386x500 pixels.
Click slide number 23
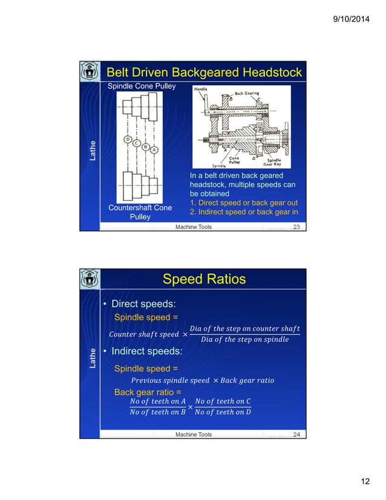coord(296,227)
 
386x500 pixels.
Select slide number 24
coord(296,434)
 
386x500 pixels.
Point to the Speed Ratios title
coord(204,279)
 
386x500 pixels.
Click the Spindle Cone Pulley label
coord(142,87)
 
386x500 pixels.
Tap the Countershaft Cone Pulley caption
coord(140,212)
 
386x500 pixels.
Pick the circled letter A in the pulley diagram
coord(155,150)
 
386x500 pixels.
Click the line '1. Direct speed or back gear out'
coord(244,203)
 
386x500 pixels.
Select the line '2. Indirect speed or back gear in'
coord(244,212)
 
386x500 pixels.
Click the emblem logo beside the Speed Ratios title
coord(90,280)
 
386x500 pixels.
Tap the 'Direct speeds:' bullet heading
coord(140,304)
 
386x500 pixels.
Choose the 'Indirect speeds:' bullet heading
coord(144,352)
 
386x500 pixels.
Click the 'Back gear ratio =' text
coord(147,392)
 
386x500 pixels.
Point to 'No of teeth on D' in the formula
coord(223,412)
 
